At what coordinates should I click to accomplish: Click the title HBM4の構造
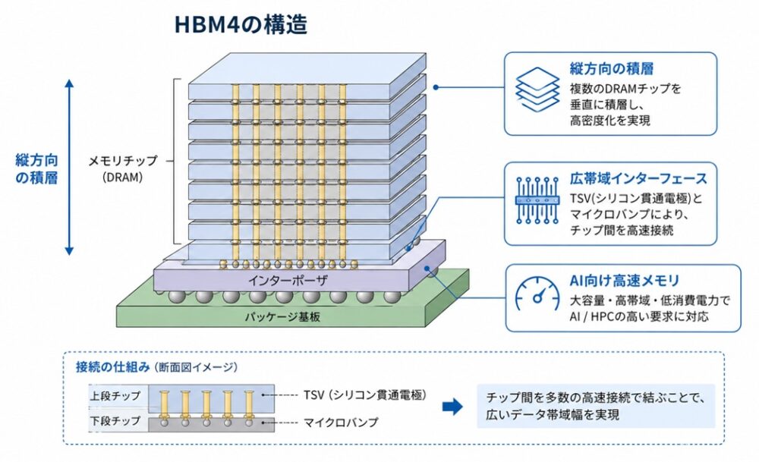pyautogui.click(x=241, y=25)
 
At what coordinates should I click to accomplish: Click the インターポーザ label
pyautogui.click(x=288, y=281)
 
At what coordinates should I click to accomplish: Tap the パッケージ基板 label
pyautogui.click(x=282, y=317)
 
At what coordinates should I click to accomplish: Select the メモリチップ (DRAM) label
pyautogui.click(x=123, y=168)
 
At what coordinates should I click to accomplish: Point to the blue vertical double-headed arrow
pyautogui.click(x=69, y=167)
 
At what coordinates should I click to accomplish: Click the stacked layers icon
pyautogui.click(x=537, y=90)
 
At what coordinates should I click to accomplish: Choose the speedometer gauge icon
pyautogui.click(x=537, y=294)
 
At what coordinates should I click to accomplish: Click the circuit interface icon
pyautogui.click(x=537, y=200)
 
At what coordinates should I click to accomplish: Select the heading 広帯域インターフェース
pyautogui.click(x=638, y=179)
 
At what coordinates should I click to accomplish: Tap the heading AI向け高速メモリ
pyautogui.click(x=625, y=281)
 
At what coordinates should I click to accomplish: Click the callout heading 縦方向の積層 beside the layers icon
pyautogui.click(x=612, y=69)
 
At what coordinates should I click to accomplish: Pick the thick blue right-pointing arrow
pyautogui.click(x=452, y=407)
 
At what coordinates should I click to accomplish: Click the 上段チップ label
pyautogui.click(x=115, y=396)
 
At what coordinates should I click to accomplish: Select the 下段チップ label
pyautogui.click(x=115, y=421)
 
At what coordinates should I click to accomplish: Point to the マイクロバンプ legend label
pyautogui.click(x=340, y=423)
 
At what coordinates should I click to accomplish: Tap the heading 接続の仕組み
pyautogui.click(x=113, y=367)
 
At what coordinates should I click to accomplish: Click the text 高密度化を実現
pyautogui.click(x=610, y=121)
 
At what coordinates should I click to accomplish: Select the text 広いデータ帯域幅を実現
pyautogui.click(x=553, y=415)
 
